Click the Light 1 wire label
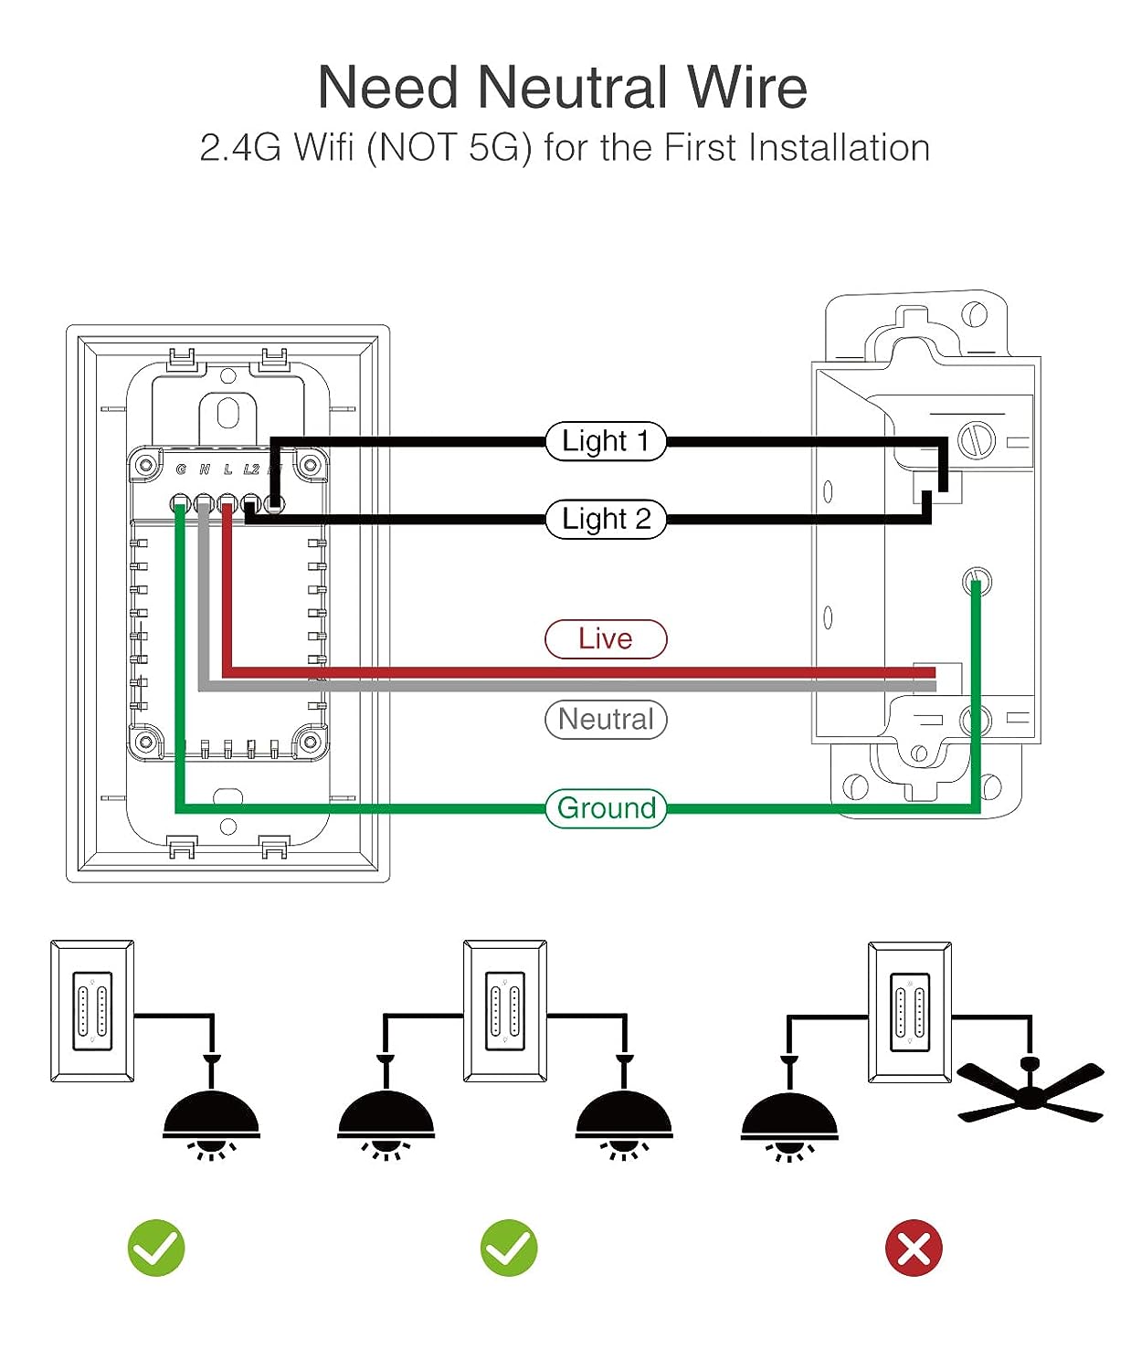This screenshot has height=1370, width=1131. [606, 441]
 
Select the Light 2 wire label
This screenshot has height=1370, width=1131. [606, 519]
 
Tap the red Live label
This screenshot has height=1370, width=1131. [606, 638]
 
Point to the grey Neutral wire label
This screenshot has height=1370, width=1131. [606, 719]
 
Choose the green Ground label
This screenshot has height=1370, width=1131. [606, 808]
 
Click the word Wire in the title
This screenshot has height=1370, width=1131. [746, 88]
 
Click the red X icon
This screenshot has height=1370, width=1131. [914, 1248]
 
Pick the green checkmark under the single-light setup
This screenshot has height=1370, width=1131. [156, 1248]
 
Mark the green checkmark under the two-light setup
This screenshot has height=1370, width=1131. [509, 1248]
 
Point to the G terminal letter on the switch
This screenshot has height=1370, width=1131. [181, 469]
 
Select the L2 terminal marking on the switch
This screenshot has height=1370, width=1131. [251, 469]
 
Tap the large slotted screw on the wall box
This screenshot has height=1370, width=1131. [976, 441]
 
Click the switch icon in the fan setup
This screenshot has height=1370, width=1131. [909, 1012]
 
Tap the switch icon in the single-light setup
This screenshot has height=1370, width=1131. [92, 1011]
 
